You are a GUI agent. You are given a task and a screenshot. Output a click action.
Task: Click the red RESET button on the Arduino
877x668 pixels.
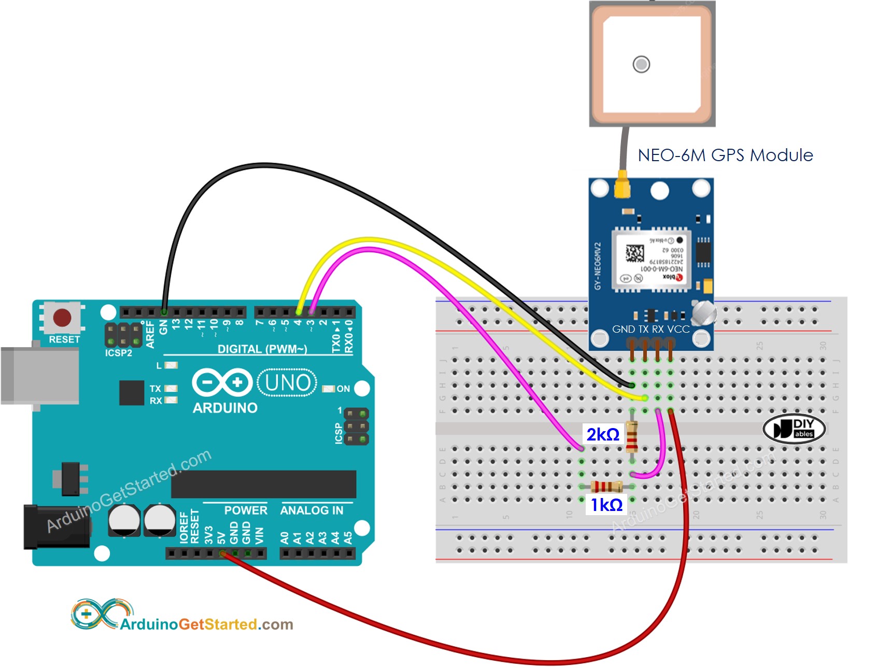click(62, 317)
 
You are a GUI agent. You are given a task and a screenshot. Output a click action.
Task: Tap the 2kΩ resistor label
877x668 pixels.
click(603, 434)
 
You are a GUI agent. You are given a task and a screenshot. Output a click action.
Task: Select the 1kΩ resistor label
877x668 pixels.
click(606, 504)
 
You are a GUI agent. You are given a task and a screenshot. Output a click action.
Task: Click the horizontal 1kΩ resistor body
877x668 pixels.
click(607, 487)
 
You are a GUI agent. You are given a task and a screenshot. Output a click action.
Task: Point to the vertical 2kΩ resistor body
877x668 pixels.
click(632, 436)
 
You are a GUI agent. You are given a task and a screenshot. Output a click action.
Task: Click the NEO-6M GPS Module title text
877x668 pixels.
click(725, 155)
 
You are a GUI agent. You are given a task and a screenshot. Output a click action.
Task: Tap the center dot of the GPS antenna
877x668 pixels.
click(641, 64)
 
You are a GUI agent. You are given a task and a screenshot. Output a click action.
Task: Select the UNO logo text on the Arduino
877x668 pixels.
click(287, 383)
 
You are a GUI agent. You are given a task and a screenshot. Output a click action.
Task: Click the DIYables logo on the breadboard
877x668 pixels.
click(794, 429)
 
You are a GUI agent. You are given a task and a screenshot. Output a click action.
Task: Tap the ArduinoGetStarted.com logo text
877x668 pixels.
click(206, 624)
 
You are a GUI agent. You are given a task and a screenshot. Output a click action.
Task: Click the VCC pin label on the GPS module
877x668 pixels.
click(678, 329)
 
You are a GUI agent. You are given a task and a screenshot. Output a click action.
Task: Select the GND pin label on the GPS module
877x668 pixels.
click(623, 329)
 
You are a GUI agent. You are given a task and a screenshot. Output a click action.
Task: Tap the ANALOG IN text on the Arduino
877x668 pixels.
click(312, 510)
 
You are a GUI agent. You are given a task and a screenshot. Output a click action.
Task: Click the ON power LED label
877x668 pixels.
click(343, 389)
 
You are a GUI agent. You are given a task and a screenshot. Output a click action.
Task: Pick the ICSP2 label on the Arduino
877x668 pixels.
click(118, 353)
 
